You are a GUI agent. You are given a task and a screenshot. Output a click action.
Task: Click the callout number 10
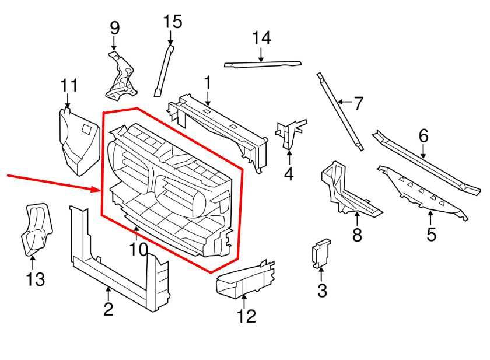click(x=139, y=250)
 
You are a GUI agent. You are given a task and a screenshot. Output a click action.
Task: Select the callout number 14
click(x=262, y=38)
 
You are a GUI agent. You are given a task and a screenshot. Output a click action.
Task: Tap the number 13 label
click(x=35, y=279)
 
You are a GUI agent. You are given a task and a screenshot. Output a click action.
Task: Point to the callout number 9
click(x=114, y=27)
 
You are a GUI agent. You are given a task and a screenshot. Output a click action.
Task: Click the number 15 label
click(x=172, y=22)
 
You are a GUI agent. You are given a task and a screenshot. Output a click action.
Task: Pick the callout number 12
click(x=247, y=316)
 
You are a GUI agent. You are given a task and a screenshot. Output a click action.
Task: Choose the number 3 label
click(x=322, y=289)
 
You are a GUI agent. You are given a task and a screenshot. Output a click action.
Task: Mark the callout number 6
click(x=423, y=136)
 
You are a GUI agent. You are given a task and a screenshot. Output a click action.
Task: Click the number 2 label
click(x=108, y=309)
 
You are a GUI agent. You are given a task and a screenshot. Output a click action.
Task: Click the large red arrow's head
click(x=97, y=189)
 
